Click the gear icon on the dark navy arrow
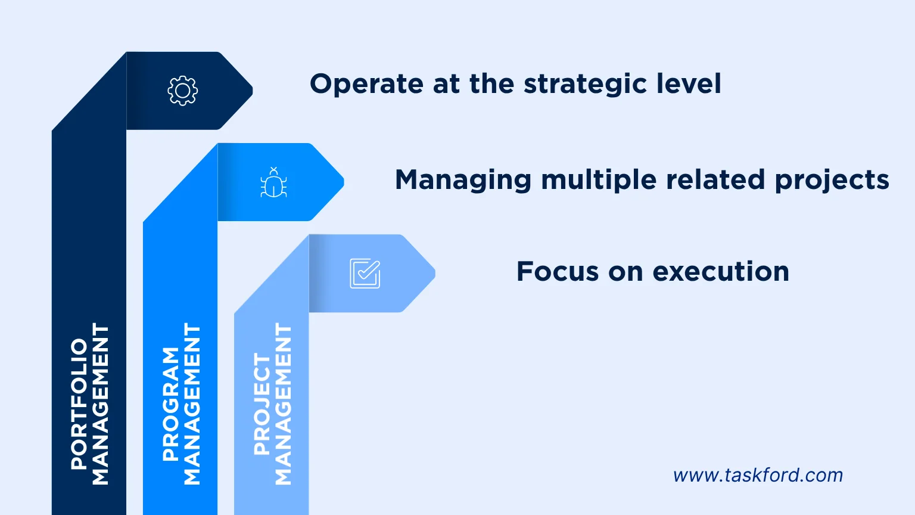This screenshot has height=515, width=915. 182,91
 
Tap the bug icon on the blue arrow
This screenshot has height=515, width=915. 273,182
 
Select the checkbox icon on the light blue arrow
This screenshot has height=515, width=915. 365,274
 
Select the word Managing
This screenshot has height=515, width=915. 463,180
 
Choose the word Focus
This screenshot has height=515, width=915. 557,272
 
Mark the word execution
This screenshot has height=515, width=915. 721,272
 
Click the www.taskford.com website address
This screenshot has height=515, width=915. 758,475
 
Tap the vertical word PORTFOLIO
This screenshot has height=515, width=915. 79,404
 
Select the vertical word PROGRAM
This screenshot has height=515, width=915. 171,404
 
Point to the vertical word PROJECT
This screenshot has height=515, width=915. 262,404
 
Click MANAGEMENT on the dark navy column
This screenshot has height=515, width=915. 100,404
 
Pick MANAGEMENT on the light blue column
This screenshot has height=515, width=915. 283,404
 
